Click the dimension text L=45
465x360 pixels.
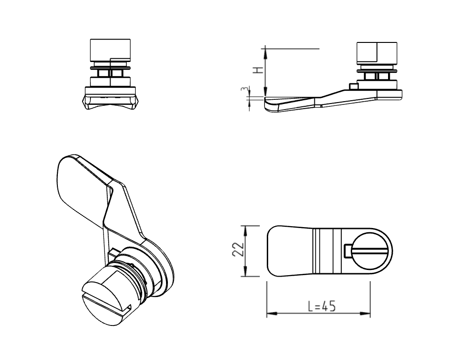click(322, 306)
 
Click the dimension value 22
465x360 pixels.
click(237, 250)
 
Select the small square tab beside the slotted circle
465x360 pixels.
click(347, 250)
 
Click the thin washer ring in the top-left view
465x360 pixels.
click(110, 68)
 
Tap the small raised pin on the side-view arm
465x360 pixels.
click(353, 86)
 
